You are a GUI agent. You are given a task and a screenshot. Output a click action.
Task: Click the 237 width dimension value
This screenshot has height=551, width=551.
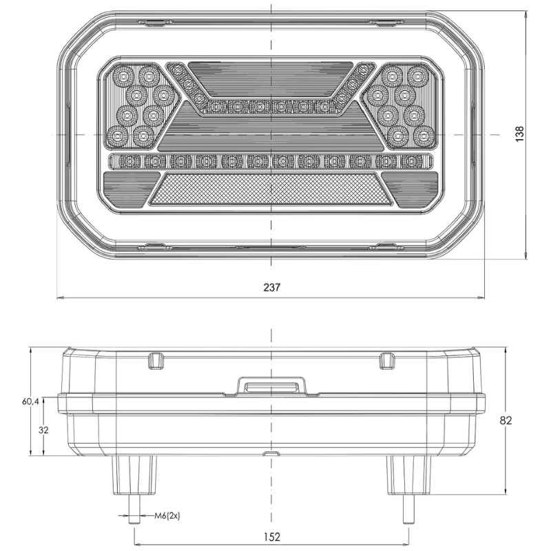coord(271,287)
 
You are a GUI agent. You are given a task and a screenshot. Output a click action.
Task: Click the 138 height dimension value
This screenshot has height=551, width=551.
coord(519,134)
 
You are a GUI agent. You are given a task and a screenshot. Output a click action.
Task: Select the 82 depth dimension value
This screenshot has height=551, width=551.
coord(506,420)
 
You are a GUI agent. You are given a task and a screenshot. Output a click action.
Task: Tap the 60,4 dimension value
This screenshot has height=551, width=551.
coord(30,401)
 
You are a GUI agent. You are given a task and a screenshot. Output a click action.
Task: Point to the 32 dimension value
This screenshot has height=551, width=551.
coord(43,430)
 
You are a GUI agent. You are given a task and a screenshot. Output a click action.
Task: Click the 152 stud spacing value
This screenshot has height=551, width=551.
coord(272,537)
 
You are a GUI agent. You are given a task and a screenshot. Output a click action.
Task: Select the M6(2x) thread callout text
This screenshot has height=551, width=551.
coord(167,516)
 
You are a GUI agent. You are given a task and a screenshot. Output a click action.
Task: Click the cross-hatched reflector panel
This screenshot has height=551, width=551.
coord(271,189)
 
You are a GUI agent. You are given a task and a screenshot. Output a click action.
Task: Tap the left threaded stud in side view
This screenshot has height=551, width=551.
coord(134,508)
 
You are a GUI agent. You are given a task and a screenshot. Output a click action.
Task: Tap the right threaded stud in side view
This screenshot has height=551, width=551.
coord(408,508)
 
